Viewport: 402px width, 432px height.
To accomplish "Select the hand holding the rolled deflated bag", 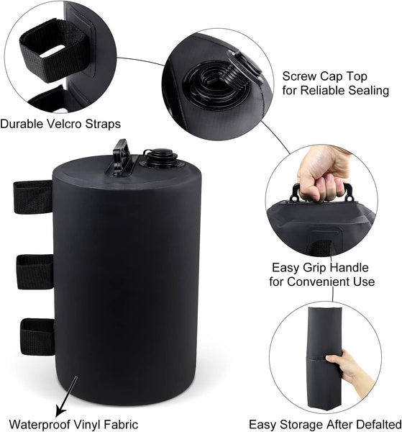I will click(352, 364).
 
